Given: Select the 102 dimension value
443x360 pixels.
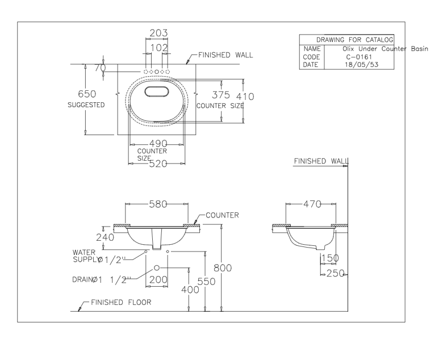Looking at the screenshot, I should (157, 47).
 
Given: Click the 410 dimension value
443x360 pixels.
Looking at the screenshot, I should (245, 96).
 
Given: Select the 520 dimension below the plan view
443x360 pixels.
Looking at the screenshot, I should (157, 164).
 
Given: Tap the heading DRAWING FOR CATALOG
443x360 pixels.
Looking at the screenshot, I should (346, 40).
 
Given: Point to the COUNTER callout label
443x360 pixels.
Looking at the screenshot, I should (222, 215).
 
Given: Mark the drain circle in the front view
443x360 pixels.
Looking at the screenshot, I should (156, 267).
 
